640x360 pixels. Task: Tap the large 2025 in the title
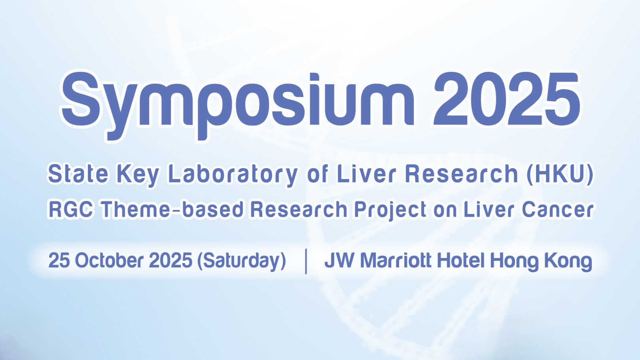click(506, 99)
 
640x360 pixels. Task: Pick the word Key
click(138, 176)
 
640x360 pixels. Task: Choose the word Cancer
click(557, 210)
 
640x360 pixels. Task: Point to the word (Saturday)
click(242, 261)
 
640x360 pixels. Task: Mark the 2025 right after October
click(170, 260)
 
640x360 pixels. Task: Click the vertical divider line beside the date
click(306, 261)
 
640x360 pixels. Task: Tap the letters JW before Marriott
click(340, 260)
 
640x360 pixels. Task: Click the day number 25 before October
click(59, 260)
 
